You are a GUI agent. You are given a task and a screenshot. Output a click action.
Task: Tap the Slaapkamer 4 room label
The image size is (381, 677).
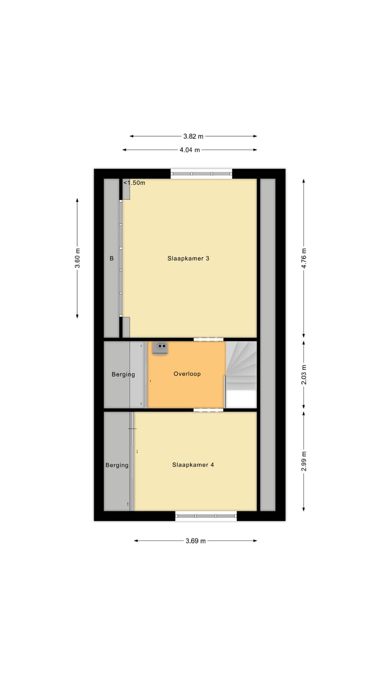(193, 465)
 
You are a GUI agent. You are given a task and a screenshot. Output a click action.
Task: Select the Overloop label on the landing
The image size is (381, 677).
(187, 374)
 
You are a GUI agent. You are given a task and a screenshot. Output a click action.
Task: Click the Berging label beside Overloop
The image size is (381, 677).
(123, 374)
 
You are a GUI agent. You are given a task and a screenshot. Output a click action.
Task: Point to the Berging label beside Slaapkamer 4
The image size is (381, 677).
(116, 465)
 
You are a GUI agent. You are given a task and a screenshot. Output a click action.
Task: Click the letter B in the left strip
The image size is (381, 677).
(111, 259)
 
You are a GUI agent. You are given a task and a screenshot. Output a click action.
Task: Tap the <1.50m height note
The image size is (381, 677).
(134, 183)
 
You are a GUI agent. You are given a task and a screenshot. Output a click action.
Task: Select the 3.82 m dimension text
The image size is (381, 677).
(193, 136)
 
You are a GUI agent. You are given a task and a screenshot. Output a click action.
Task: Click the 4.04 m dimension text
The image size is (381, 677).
(189, 150)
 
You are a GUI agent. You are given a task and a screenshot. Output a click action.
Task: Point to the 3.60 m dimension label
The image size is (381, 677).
(77, 258)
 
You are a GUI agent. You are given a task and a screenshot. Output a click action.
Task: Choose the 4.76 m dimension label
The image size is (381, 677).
(304, 258)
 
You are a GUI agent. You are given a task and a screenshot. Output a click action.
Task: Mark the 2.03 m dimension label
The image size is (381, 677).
(304, 374)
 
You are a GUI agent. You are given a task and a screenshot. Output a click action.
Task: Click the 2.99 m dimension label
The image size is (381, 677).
(304, 461)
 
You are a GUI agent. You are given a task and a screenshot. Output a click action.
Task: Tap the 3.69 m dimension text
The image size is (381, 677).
(195, 541)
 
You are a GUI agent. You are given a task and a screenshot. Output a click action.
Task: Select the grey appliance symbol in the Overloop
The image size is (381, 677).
(160, 347)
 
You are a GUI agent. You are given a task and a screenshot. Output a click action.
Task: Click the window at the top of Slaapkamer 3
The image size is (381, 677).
(201, 173)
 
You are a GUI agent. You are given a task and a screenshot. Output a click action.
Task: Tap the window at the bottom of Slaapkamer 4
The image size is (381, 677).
(206, 516)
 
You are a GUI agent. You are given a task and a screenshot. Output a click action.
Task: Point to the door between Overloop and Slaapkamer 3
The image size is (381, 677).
(208, 339)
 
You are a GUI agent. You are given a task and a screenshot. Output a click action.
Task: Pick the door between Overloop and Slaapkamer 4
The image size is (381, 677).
(208, 410)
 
